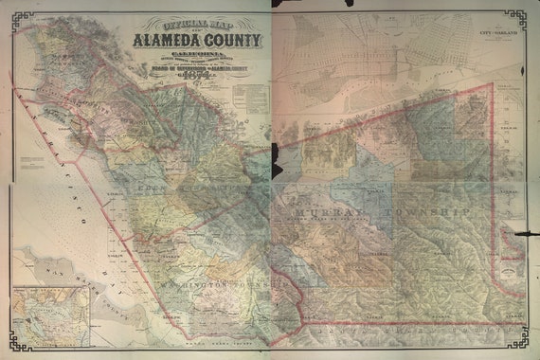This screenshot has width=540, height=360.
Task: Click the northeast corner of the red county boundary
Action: [493, 85]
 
